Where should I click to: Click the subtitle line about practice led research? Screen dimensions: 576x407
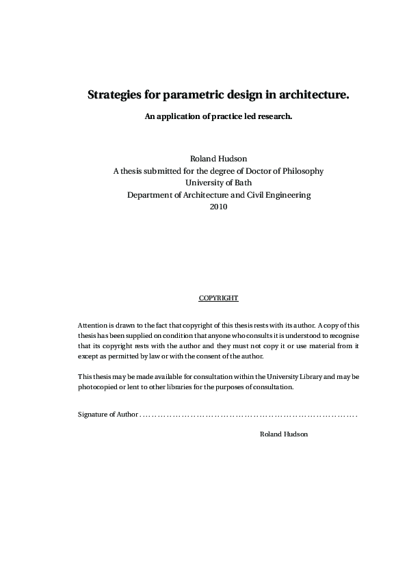point(218,116)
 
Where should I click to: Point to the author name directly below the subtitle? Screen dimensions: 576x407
point(218,158)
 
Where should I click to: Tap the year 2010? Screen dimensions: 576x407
point(218,207)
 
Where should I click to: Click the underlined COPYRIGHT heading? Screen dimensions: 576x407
point(218,298)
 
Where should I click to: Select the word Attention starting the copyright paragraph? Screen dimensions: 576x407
point(93,325)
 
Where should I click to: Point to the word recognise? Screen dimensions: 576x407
point(343,336)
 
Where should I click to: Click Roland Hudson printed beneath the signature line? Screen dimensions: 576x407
point(284,434)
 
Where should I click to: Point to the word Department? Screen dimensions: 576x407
point(150,195)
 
